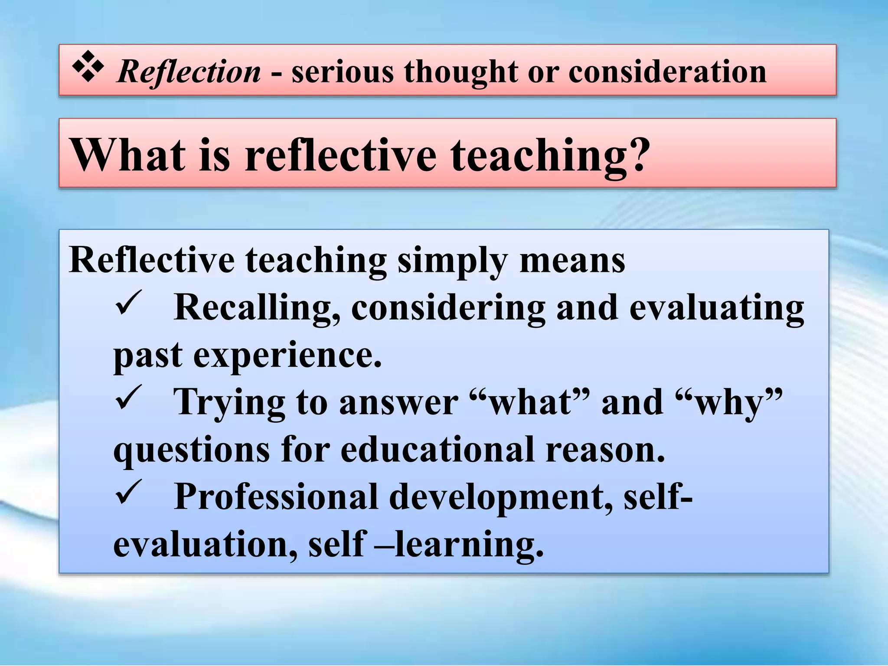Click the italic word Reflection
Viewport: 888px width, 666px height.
[x=189, y=72]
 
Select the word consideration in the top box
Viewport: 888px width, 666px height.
[x=667, y=72]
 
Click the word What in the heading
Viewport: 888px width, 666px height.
[x=128, y=155]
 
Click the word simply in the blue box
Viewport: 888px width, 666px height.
[x=452, y=261]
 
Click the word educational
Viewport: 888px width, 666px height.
[x=437, y=450]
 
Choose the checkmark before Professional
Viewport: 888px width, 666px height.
[x=128, y=492]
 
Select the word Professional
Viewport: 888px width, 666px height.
[x=276, y=497]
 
